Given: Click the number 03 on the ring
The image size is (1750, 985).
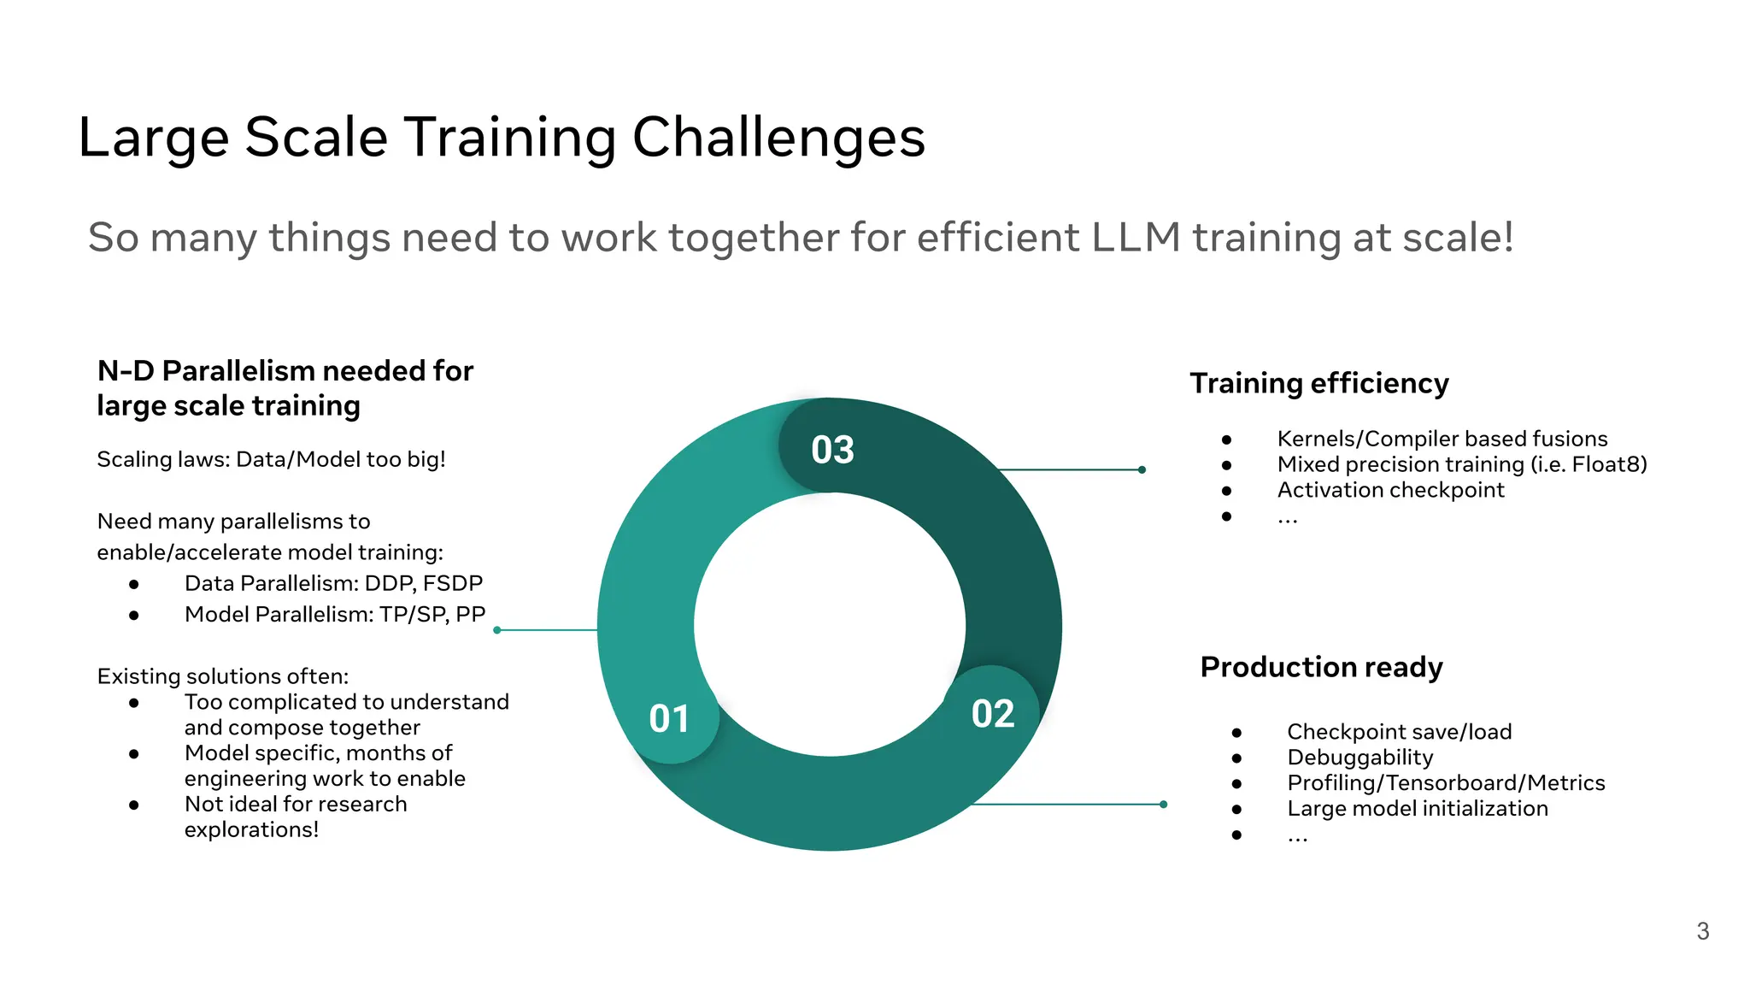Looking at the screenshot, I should (x=832, y=450).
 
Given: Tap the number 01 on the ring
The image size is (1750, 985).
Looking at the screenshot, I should (x=669, y=719).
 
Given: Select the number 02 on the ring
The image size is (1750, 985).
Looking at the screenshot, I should (x=993, y=714).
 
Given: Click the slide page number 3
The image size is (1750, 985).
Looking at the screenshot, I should (x=1702, y=931).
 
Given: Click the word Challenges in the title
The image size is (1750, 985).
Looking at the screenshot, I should (x=778, y=138).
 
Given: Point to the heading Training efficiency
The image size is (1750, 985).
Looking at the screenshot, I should (x=1318, y=383).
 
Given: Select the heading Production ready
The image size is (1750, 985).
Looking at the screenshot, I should (x=1321, y=667).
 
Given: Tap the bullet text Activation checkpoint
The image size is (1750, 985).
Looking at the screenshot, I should (x=1390, y=490).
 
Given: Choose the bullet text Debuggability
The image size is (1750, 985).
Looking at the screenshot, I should (x=1359, y=758).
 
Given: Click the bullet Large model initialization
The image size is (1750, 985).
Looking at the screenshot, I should (x=1417, y=809).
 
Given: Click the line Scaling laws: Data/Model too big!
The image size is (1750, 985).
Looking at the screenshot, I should (x=271, y=460).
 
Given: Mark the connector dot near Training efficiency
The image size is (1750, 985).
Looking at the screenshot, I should (x=1142, y=469).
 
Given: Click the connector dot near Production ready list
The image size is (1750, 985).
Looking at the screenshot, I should (x=1163, y=805).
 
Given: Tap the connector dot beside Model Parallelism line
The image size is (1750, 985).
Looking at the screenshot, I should (x=497, y=630).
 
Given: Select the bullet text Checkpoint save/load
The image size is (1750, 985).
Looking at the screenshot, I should (x=1399, y=732).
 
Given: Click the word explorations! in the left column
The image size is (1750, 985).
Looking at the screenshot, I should (x=251, y=830).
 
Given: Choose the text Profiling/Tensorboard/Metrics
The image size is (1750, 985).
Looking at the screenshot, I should (x=1446, y=783).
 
